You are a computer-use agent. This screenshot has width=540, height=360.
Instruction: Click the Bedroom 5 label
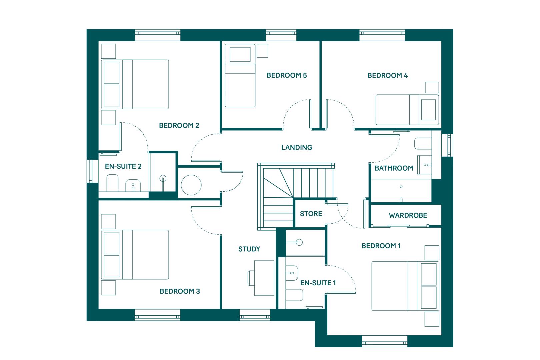287,75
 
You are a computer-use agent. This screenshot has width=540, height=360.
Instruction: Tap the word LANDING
297,147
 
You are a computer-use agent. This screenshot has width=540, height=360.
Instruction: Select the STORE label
311,214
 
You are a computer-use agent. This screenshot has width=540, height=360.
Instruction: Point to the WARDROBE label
408,215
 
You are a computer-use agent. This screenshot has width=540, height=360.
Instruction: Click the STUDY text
249,249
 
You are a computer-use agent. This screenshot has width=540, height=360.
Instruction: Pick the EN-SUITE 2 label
123,166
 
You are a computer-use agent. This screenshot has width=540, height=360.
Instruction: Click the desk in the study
264,278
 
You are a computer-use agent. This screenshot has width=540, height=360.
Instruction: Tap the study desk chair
251,278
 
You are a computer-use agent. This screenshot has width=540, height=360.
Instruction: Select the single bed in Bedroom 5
240,75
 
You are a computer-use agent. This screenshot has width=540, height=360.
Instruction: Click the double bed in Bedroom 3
135,255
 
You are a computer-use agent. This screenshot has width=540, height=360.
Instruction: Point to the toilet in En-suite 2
112,183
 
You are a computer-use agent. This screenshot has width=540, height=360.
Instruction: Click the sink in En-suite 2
133,185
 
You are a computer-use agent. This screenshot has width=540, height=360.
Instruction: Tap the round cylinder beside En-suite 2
191,185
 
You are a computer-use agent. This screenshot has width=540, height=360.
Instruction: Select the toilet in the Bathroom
423,144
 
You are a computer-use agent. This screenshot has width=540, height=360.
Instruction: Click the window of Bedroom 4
382,35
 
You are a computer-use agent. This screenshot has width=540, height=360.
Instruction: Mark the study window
255,315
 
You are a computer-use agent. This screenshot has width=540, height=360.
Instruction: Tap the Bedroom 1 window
385,341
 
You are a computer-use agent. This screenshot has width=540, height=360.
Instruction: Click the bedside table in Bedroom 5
262,51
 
